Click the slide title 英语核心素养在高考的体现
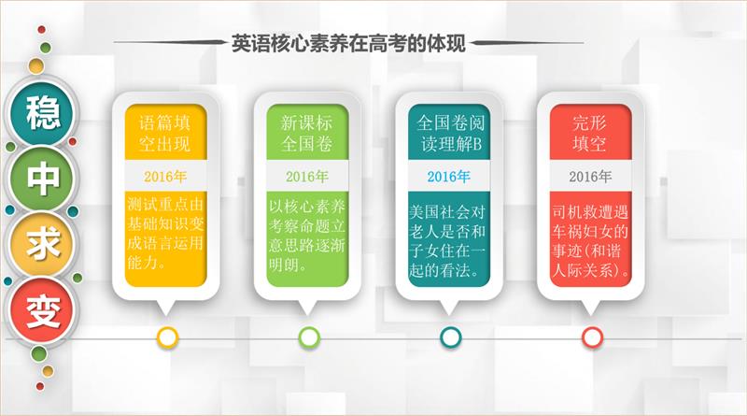click(x=348, y=43)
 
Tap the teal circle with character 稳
click(x=42, y=113)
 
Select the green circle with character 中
click(x=42, y=179)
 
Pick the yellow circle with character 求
click(x=42, y=244)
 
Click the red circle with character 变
click(x=42, y=310)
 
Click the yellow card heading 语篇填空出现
click(x=165, y=133)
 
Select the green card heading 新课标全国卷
click(x=306, y=133)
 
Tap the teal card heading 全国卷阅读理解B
click(x=450, y=133)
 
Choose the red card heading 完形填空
click(x=590, y=133)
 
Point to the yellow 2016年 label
click(x=165, y=177)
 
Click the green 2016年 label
click(x=307, y=177)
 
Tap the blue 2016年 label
click(x=449, y=177)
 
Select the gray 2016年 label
click(x=590, y=177)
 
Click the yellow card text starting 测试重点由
click(x=165, y=234)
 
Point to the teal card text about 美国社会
click(x=447, y=241)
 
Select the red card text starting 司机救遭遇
click(x=590, y=241)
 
